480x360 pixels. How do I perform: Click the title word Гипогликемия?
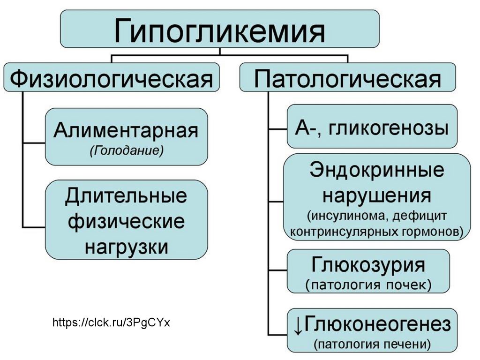tap(220, 29)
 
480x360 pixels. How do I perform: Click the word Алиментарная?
tap(126, 131)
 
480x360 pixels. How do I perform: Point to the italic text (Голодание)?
tap(126, 151)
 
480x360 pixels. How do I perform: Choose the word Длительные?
tap(126, 196)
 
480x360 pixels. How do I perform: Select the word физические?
tap(126, 221)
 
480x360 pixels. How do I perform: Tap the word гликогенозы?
tap(389, 127)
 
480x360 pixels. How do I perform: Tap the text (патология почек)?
tap(368, 284)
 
